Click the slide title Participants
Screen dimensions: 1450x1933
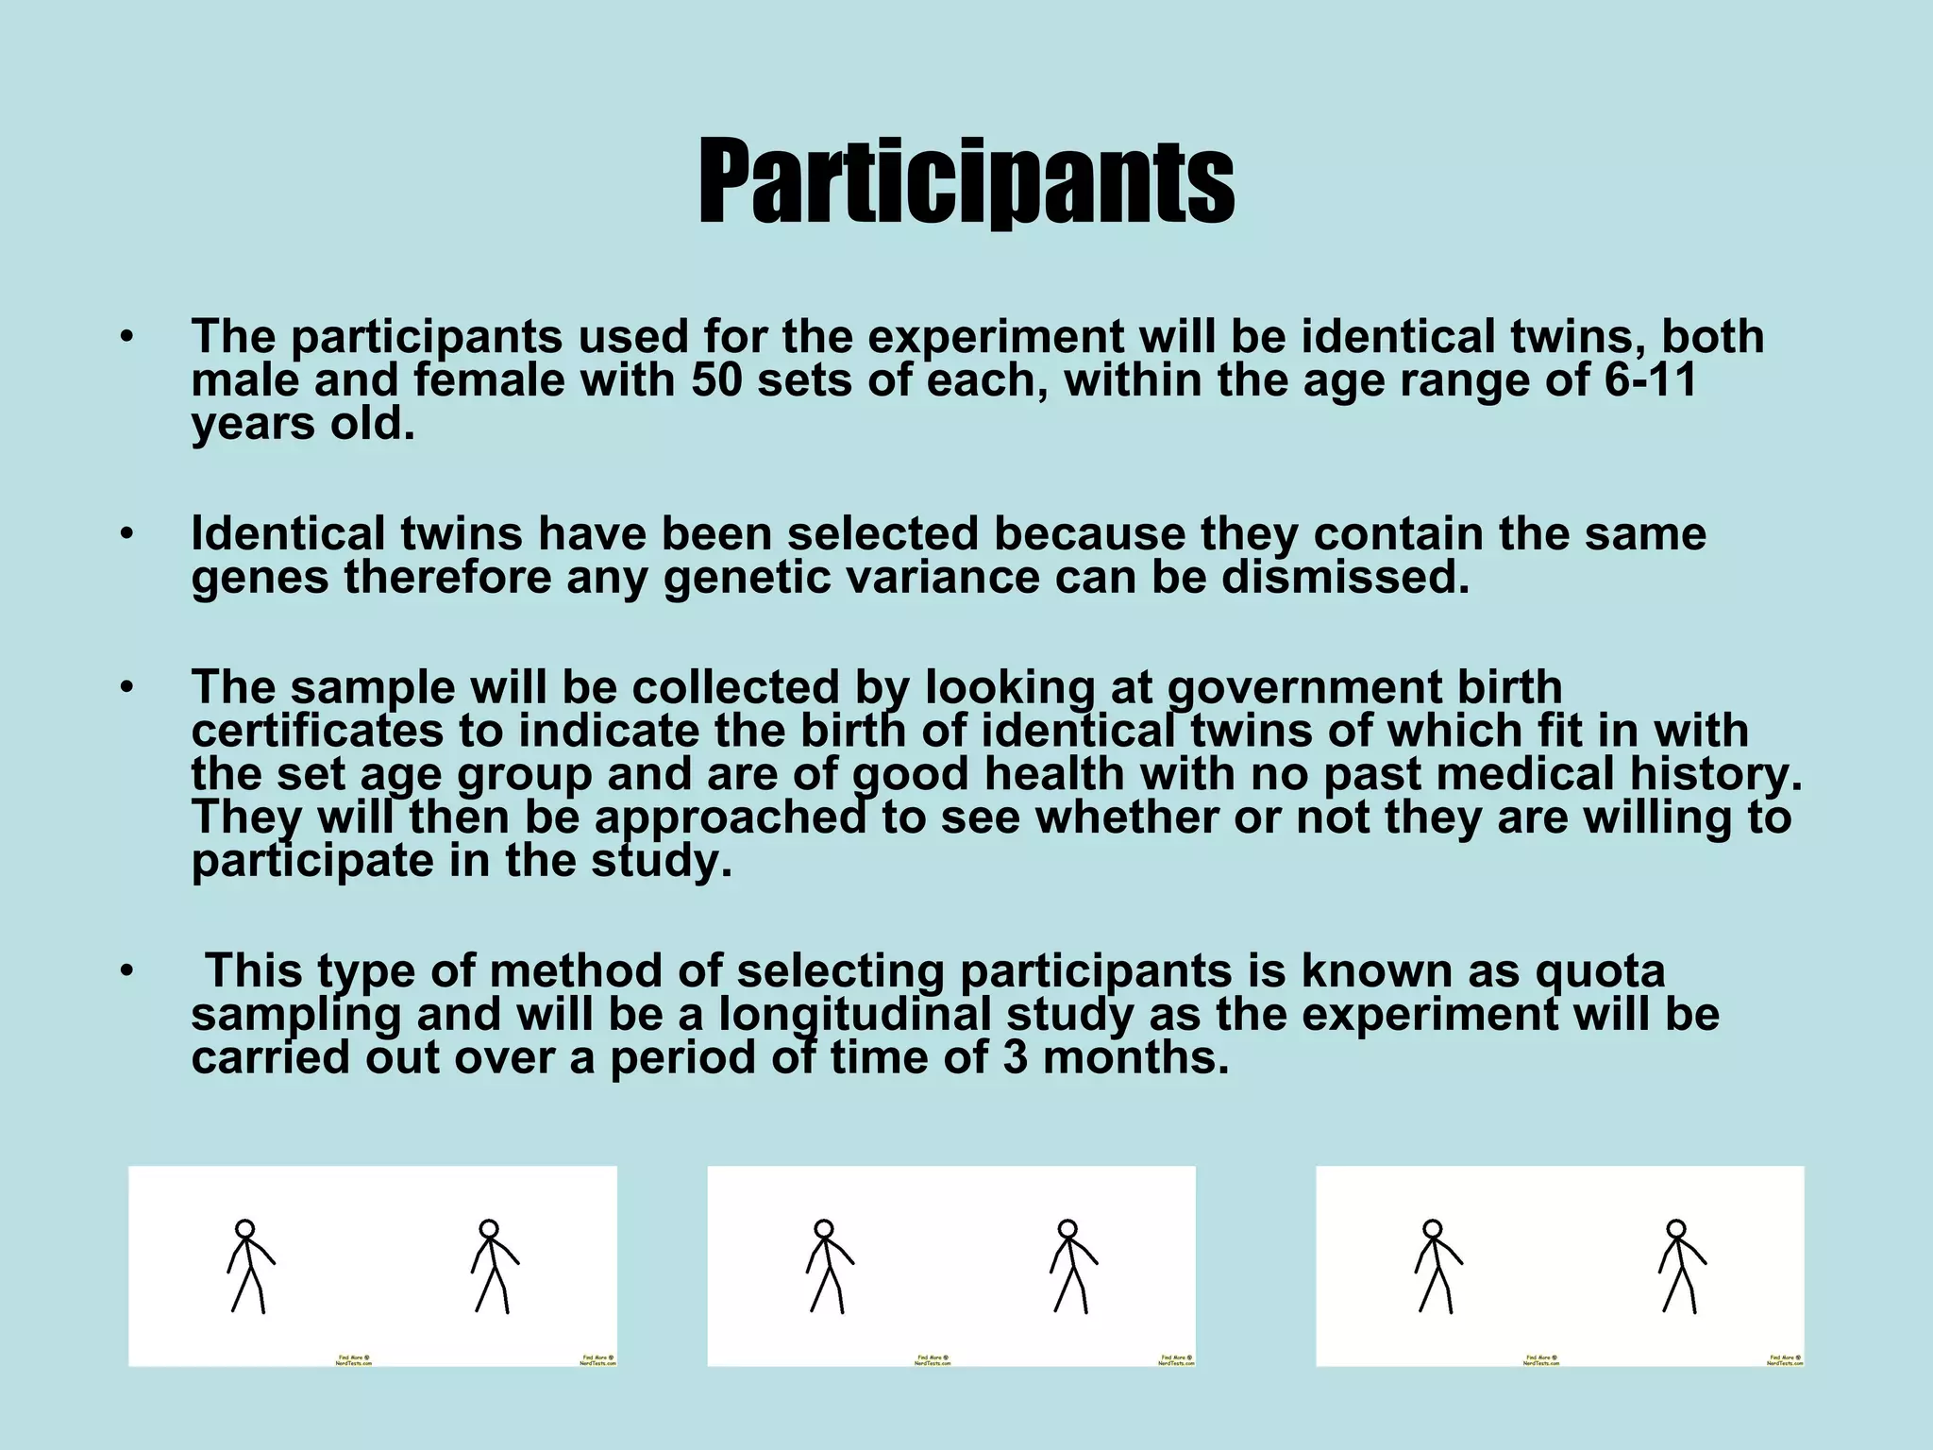pyautogui.click(x=966, y=181)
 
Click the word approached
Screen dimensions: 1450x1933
pyautogui.click(x=730, y=818)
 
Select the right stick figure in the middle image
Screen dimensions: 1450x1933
pyautogui.click(x=1071, y=1266)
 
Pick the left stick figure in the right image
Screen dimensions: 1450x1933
pyautogui.click(x=1436, y=1266)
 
